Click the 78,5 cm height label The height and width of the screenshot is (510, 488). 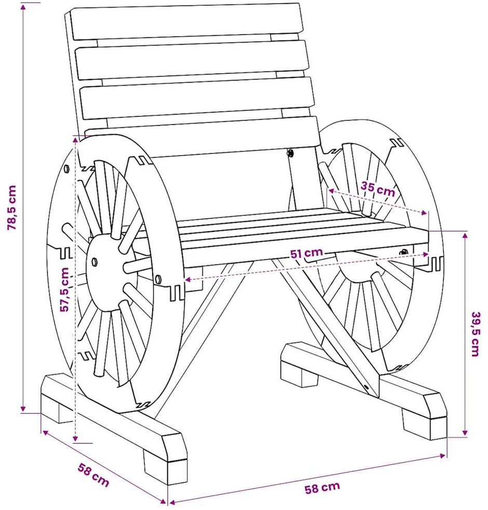tap(11, 208)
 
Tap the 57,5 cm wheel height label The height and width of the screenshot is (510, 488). tap(65, 290)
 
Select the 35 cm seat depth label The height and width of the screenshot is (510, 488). tap(378, 189)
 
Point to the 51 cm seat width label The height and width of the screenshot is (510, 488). tap(306, 253)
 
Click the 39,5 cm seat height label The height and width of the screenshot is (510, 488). tap(476, 334)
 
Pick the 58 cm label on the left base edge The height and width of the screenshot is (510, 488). tap(93, 475)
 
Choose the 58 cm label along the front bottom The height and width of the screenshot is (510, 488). tap(322, 487)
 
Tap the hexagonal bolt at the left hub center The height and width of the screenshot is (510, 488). tap(95, 262)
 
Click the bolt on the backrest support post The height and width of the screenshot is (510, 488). tap(290, 153)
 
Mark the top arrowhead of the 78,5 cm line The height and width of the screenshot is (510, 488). tap(23, 7)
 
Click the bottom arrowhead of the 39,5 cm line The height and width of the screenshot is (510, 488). tap(465, 433)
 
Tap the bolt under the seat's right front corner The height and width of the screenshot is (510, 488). tap(403, 252)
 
